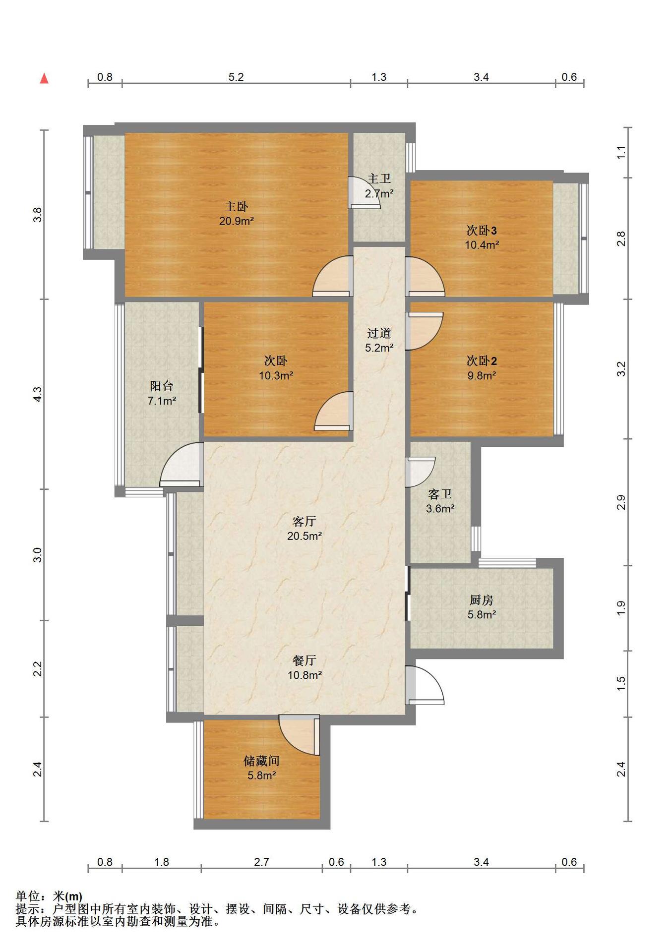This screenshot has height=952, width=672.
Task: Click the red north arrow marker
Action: pyautogui.click(x=44, y=78)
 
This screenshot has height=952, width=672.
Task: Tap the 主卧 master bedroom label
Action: pyautogui.click(x=236, y=206)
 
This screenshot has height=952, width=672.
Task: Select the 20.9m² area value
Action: pyautogui.click(x=237, y=221)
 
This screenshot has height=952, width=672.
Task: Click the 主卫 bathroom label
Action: pyautogui.click(x=379, y=179)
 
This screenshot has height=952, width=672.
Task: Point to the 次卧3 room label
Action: pyautogui.click(x=482, y=231)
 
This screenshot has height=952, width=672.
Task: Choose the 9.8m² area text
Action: pyautogui.click(x=482, y=375)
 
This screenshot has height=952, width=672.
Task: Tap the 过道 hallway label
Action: pyautogui.click(x=379, y=333)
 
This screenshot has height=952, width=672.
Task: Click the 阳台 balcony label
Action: pyautogui.click(x=162, y=386)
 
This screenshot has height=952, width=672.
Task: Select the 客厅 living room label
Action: pyautogui.click(x=304, y=521)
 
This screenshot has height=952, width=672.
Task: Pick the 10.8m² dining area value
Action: pyautogui.click(x=305, y=675)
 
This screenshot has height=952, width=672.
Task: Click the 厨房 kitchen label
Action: pyautogui.click(x=481, y=600)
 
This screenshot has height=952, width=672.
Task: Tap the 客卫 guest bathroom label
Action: pyautogui.click(x=440, y=494)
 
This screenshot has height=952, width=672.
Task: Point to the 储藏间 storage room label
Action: pyautogui.click(x=261, y=761)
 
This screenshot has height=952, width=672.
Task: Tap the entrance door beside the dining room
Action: pyautogui.click(x=425, y=685)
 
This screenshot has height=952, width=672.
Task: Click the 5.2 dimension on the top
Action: pyautogui.click(x=236, y=77)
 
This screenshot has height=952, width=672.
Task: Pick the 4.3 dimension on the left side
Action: pyautogui.click(x=38, y=394)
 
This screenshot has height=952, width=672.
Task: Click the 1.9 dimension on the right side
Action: pyautogui.click(x=621, y=608)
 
